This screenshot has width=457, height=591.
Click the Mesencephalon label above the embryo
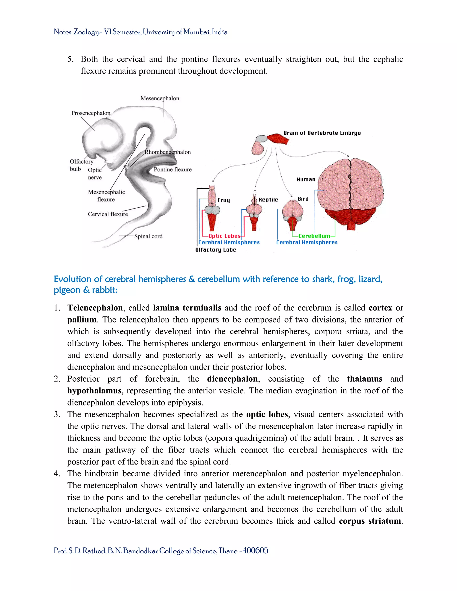(x=160, y=98)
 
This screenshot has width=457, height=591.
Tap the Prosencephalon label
(x=91, y=113)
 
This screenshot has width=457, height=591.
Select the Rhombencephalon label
(x=168, y=152)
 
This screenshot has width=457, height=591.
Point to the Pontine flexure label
(x=172, y=169)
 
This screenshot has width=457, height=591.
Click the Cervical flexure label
(x=108, y=214)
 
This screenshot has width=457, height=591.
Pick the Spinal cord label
(x=148, y=236)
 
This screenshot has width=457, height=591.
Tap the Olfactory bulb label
(x=81, y=165)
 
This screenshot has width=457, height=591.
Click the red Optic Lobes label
(x=224, y=236)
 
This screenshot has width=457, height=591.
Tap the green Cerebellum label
(x=314, y=236)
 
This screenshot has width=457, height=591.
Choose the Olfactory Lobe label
(x=216, y=250)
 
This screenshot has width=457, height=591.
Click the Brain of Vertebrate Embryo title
(x=322, y=133)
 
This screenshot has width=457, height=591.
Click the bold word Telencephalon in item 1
(x=95, y=308)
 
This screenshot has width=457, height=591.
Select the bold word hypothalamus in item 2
(x=94, y=391)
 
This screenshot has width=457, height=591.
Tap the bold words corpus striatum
(x=370, y=521)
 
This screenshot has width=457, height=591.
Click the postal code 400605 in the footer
(x=255, y=551)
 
